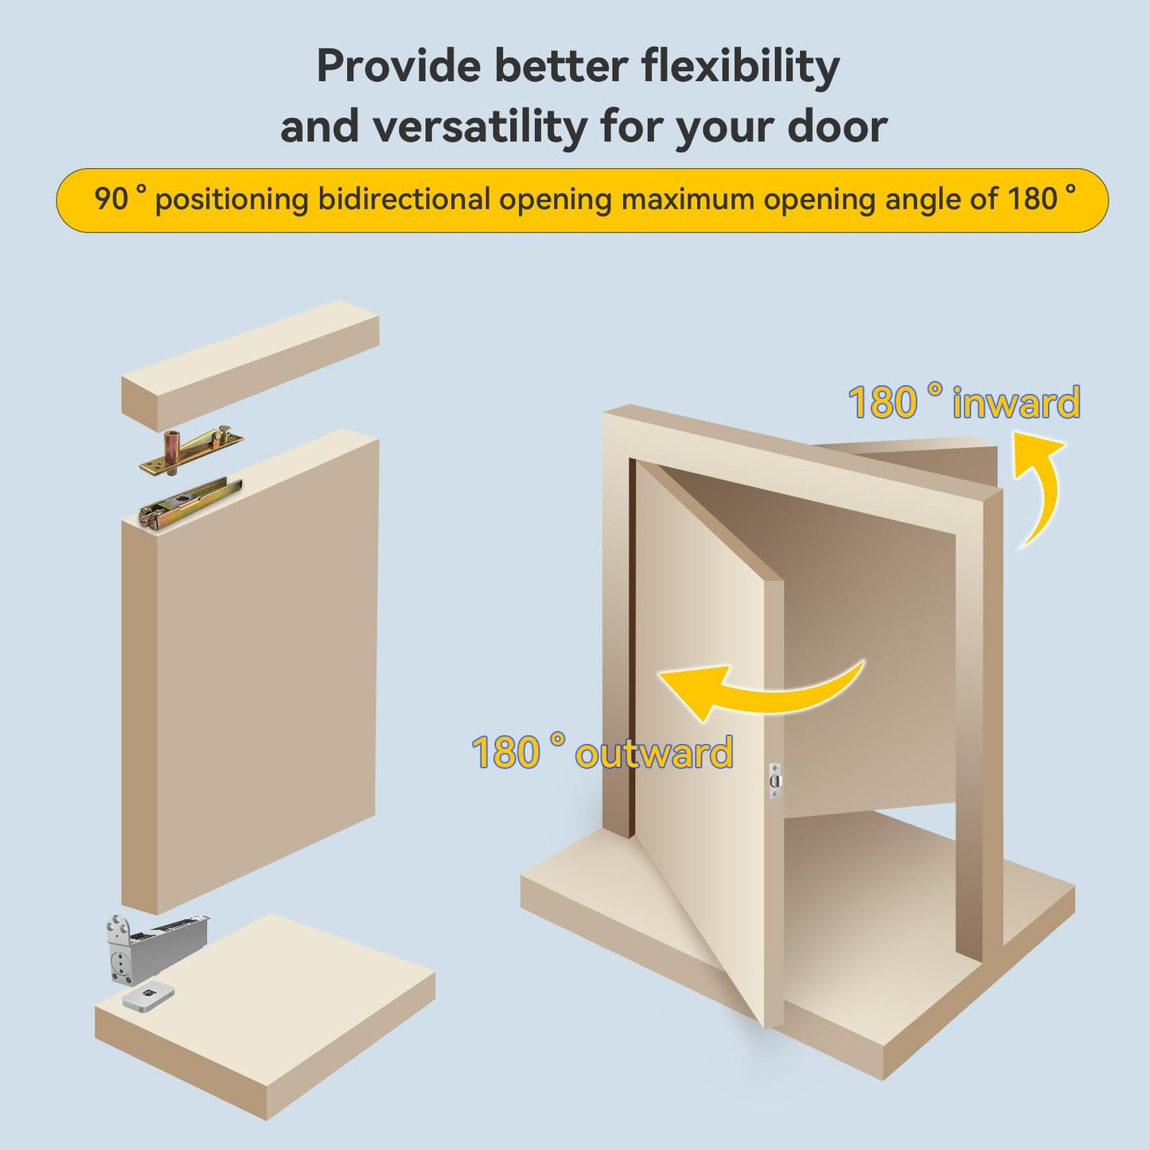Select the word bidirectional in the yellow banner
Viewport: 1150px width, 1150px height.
pyautogui.click(x=404, y=199)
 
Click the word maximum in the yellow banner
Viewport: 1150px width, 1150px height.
pyautogui.click(x=688, y=199)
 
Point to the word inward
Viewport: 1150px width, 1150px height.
pyautogui.click(x=1016, y=403)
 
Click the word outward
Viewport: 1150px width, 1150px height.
pyautogui.click(x=653, y=753)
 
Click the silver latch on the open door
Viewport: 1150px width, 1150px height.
pyautogui.click(x=775, y=781)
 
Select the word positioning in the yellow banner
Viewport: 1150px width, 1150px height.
pyautogui.click(x=232, y=199)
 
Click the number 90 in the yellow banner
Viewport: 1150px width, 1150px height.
pyautogui.click(x=111, y=199)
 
